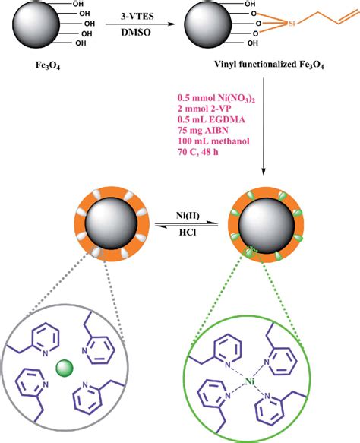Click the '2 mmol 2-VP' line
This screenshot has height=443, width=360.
[x=201, y=116]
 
